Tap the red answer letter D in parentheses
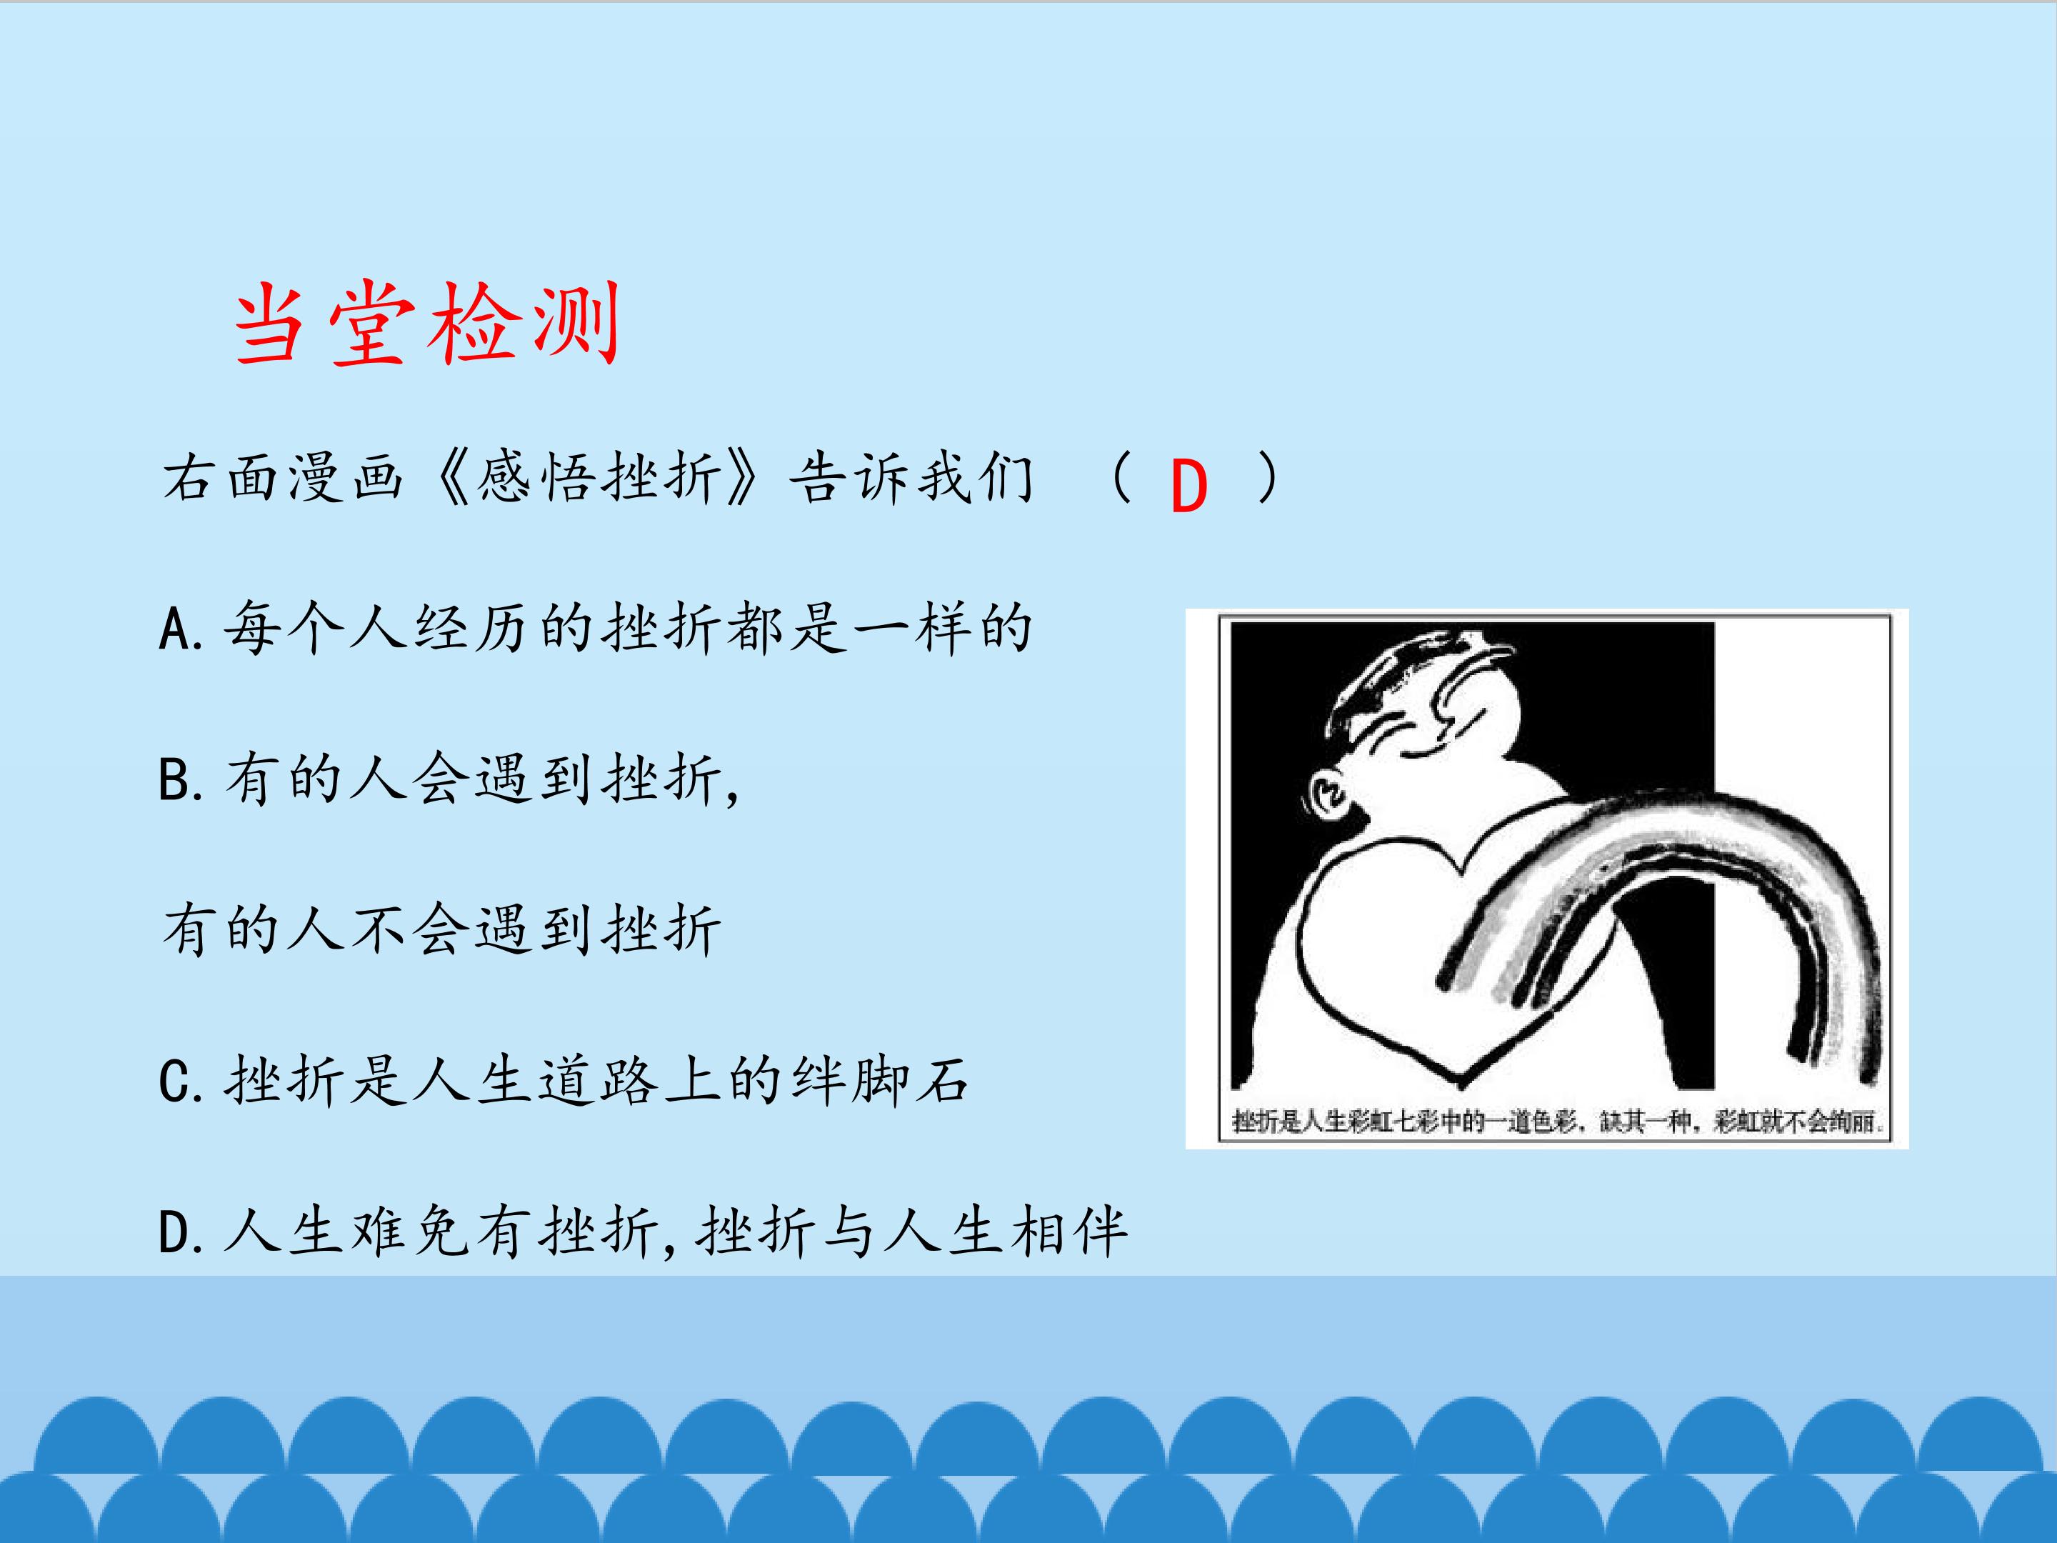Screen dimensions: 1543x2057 click(1188, 486)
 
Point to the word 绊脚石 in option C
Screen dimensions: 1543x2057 click(880, 1081)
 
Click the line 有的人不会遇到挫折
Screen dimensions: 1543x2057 click(441, 930)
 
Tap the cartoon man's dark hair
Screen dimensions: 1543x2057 click(1386, 679)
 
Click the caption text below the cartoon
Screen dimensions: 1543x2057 click(1556, 1122)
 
